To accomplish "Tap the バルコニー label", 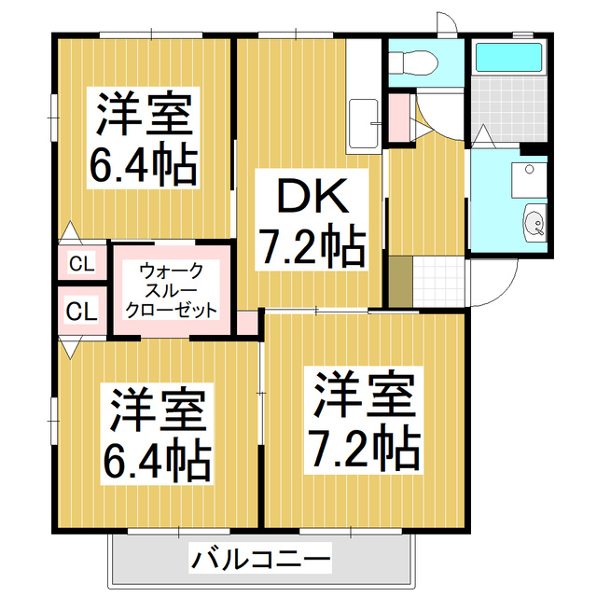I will click(262, 560).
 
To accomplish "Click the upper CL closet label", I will click(82, 264).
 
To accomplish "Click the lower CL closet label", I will click(82, 310).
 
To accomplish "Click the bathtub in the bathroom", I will click(509, 58).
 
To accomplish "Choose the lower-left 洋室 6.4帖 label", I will click(158, 431).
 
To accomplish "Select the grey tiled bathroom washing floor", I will click(510, 106).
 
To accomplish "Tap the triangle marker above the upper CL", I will click(68, 230).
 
